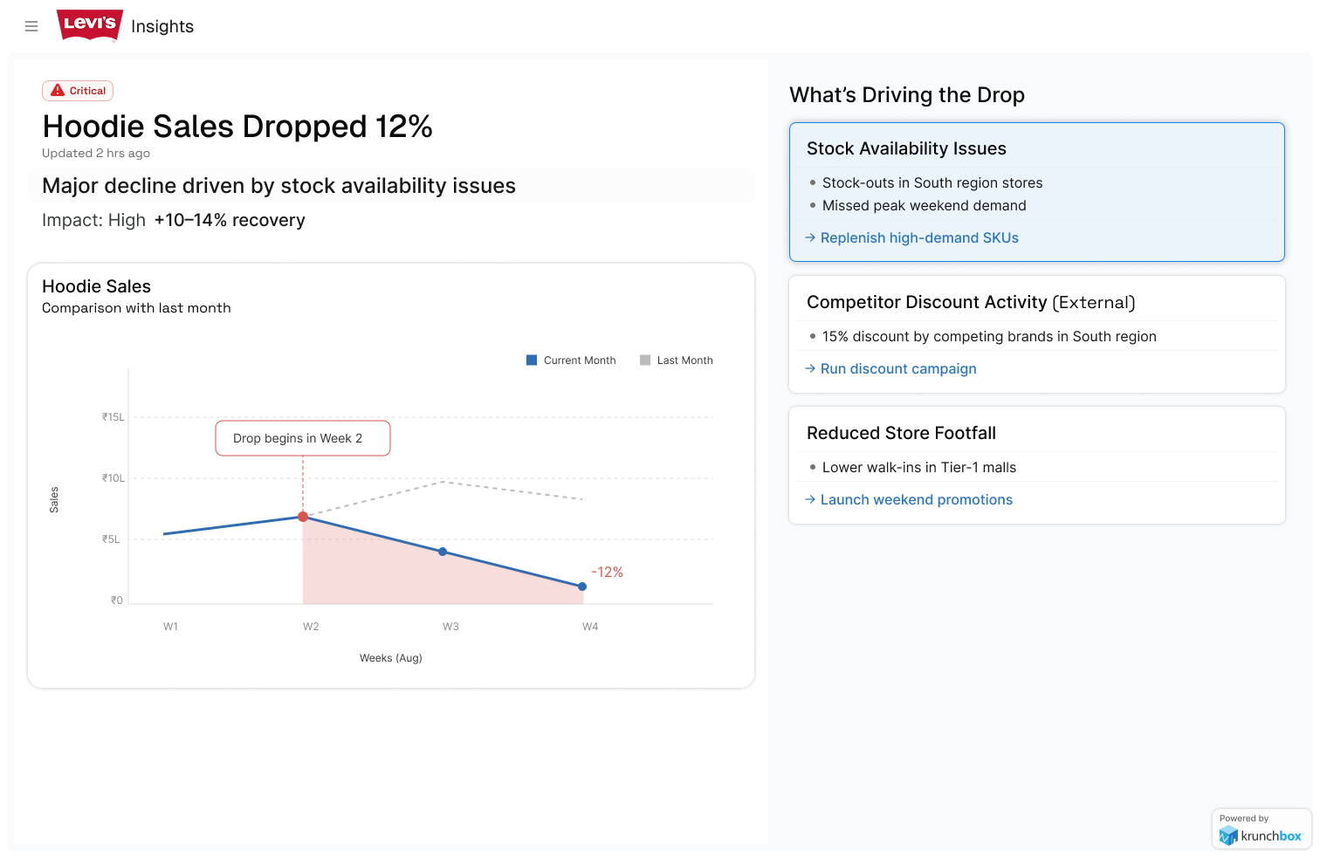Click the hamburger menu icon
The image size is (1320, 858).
(x=31, y=26)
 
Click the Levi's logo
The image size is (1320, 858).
(x=90, y=25)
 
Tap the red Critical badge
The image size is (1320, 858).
(x=78, y=91)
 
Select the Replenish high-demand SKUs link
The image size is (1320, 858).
(x=911, y=237)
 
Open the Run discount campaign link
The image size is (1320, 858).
(x=890, y=368)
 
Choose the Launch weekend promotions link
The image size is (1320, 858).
(x=909, y=499)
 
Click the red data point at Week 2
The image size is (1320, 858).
(x=303, y=517)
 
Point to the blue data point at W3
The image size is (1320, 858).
(x=443, y=552)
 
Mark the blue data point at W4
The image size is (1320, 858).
(x=582, y=587)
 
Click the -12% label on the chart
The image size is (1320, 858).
(x=607, y=572)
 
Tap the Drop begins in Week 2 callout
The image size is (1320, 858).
(x=303, y=438)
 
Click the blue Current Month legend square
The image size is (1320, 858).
(x=532, y=360)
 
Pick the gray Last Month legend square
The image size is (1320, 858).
(x=645, y=360)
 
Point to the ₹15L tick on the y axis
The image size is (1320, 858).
(x=113, y=417)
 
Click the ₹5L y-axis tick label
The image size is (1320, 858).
(x=111, y=539)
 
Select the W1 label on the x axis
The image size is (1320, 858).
(x=170, y=627)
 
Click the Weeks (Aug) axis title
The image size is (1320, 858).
(x=391, y=657)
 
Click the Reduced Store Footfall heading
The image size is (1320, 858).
(x=901, y=433)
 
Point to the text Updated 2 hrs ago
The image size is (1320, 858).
(x=96, y=154)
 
